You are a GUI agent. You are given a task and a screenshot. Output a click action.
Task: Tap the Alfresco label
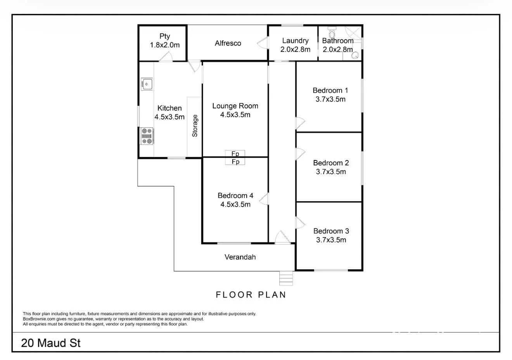click(x=228, y=43)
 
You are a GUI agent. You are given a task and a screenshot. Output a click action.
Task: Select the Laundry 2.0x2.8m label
click(x=295, y=45)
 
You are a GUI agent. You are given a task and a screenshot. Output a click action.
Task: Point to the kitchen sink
click(x=147, y=84)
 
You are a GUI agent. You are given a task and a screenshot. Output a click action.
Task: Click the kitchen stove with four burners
click(x=147, y=136)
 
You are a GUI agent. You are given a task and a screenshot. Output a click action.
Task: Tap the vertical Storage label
click(x=195, y=126)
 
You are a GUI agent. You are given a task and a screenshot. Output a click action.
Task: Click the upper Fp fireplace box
click(x=235, y=154)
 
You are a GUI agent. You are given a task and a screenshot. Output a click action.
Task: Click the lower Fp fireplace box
click(x=235, y=162)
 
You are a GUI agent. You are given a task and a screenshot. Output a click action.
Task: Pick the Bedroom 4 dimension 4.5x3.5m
click(x=235, y=205)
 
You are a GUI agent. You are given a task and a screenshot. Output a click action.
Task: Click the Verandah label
click(x=240, y=257)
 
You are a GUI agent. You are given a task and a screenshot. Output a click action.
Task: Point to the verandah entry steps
click(x=286, y=278)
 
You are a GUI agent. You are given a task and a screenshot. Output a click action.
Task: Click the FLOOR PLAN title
click(x=251, y=295)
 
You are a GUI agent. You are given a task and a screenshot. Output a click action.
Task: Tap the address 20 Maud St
click(x=51, y=343)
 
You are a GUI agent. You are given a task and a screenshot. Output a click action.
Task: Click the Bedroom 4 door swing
click(x=264, y=199)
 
